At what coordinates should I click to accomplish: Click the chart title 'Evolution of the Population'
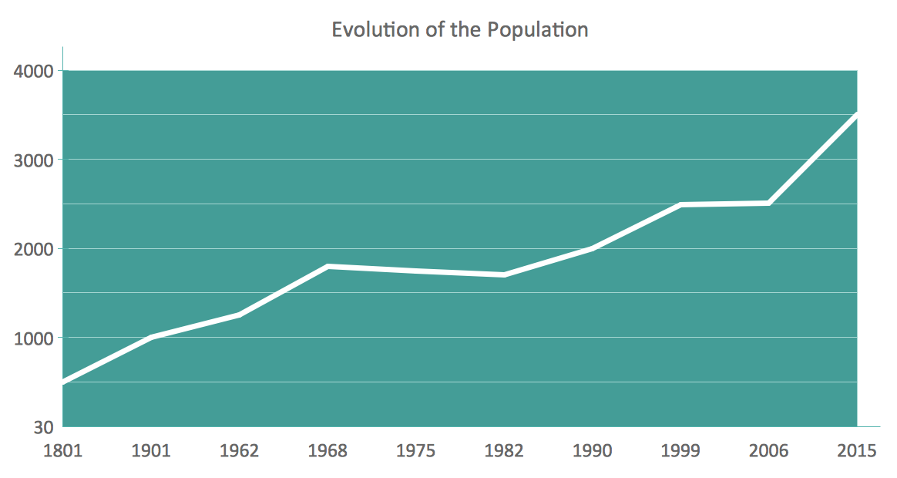(x=460, y=30)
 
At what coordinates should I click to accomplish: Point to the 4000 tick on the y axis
(x=34, y=71)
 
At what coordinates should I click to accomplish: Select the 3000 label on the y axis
(x=34, y=160)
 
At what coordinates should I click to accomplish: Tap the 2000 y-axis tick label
(x=34, y=249)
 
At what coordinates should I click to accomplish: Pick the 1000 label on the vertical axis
(x=34, y=338)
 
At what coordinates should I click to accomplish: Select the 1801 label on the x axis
(x=62, y=451)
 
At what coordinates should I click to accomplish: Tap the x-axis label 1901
(x=151, y=451)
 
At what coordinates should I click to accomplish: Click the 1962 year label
(x=239, y=451)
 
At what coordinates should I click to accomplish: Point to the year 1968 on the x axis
(x=328, y=451)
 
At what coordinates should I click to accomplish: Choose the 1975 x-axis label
(x=416, y=451)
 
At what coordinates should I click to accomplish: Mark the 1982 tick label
(x=504, y=451)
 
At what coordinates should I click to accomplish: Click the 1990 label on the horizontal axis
(x=593, y=451)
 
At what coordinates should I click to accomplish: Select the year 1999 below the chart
(x=680, y=451)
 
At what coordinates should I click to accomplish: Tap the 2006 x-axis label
(x=769, y=451)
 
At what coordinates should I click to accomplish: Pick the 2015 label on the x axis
(x=856, y=451)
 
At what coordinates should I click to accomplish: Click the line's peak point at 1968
(x=328, y=266)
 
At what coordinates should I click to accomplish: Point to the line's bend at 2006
(x=769, y=203)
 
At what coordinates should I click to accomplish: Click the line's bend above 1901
(x=151, y=338)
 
